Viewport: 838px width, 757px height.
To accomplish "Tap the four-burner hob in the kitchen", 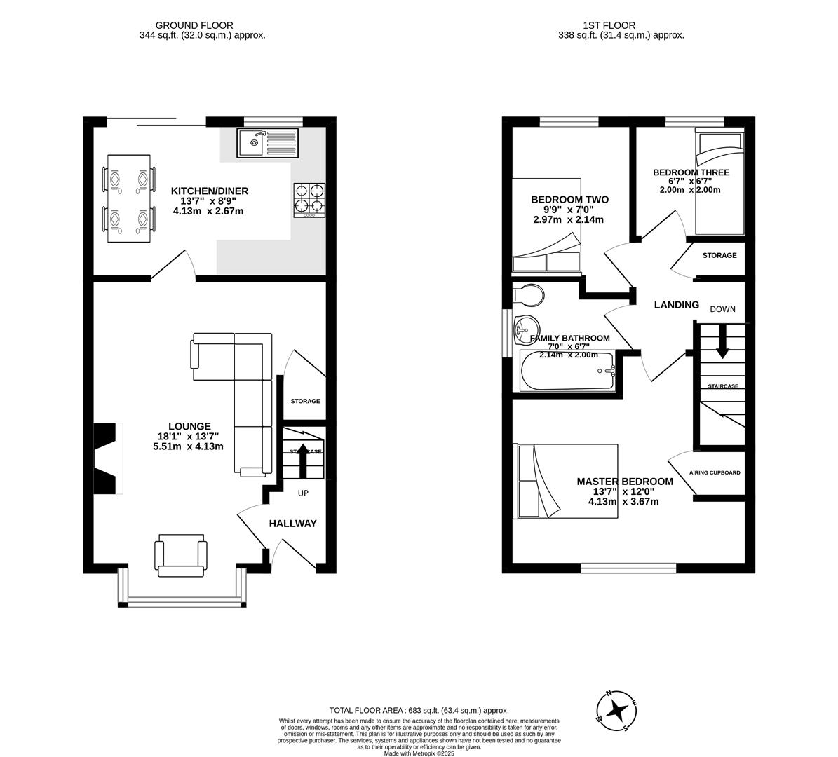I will (x=309, y=199).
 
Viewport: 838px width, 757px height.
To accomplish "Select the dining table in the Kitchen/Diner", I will (x=129, y=199).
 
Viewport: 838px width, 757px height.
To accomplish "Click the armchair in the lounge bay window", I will (x=182, y=555).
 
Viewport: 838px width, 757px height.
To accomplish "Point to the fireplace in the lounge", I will (x=106, y=458).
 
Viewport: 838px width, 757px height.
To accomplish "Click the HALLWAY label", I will (x=293, y=524).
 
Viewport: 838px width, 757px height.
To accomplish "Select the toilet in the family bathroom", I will (x=528, y=295).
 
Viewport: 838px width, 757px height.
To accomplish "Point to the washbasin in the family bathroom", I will (x=525, y=329).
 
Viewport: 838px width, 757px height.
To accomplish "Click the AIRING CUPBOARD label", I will (x=715, y=472).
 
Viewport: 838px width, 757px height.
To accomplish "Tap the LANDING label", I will (x=676, y=305).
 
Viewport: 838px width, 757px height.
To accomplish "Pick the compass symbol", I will (x=616, y=711).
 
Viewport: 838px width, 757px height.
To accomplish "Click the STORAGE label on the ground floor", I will (x=305, y=401).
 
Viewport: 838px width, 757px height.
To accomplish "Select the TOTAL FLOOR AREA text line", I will (x=419, y=710).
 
